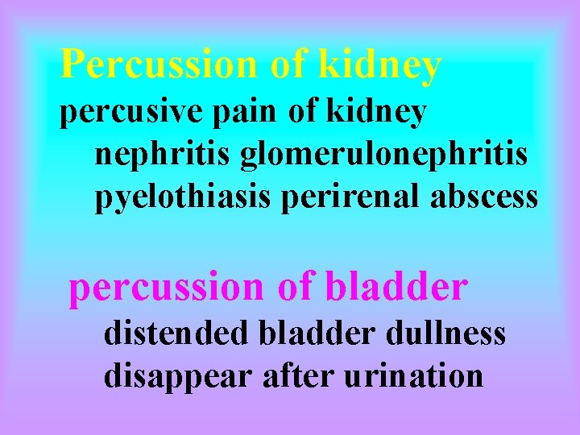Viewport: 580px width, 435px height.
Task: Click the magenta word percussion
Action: coord(166,288)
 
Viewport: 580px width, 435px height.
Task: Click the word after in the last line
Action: coord(294,375)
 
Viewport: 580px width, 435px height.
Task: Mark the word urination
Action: coord(412,375)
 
